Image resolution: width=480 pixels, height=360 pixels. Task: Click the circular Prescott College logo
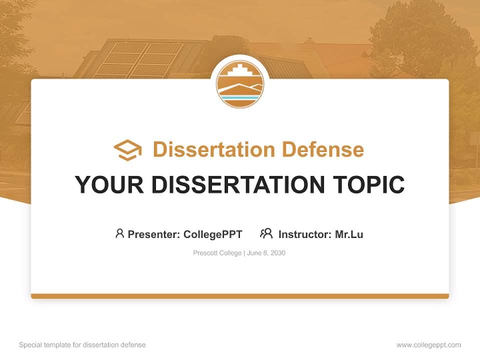pyautogui.click(x=240, y=84)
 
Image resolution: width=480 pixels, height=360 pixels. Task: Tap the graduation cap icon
pyautogui.click(x=127, y=149)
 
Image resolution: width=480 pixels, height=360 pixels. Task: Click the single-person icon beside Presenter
pyautogui.click(x=119, y=233)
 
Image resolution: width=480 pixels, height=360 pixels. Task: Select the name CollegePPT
pyautogui.click(x=213, y=234)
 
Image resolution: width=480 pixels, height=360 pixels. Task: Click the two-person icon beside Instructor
pyautogui.click(x=266, y=233)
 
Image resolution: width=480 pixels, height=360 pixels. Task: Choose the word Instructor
pyautogui.click(x=304, y=234)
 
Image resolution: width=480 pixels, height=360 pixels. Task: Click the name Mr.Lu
pyautogui.click(x=349, y=234)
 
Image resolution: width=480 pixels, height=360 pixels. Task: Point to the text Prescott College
pyautogui.click(x=217, y=253)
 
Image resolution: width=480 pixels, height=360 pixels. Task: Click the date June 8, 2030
pyautogui.click(x=266, y=253)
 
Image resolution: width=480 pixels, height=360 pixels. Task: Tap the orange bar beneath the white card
pyautogui.click(x=240, y=296)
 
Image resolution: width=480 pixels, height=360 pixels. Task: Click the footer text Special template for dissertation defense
pyautogui.click(x=82, y=345)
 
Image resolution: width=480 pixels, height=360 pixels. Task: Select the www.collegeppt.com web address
pyautogui.click(x=428, y=345)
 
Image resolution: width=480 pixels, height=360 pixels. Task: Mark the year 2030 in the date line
pyautogui.click(x=277, y=253)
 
